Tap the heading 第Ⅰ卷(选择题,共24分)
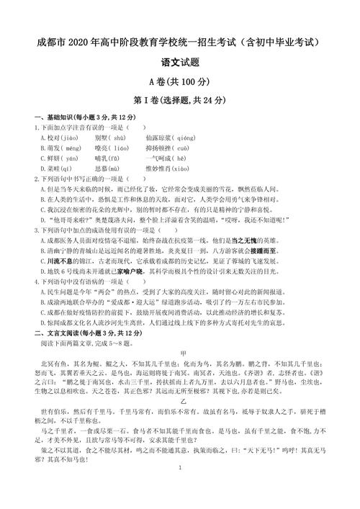[x=180, y=99]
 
